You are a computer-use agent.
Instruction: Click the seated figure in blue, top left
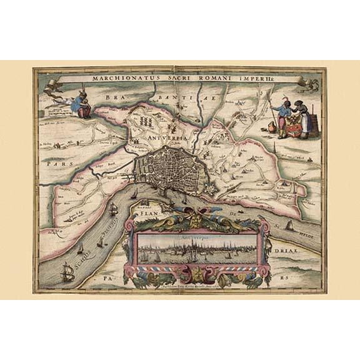click(80, 104)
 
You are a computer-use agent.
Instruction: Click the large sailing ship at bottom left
click(66, 271)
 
